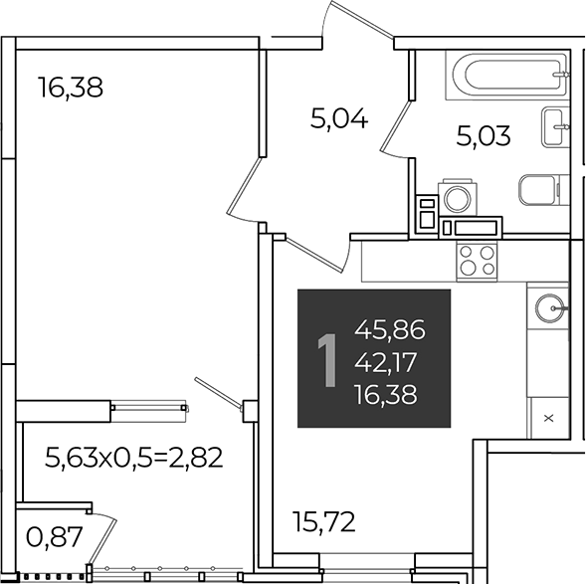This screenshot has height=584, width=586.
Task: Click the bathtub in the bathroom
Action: [507, 76]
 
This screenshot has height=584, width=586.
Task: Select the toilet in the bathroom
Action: [539, 190]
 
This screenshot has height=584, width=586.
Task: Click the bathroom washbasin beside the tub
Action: [554, 126]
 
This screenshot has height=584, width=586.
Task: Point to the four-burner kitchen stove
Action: [477, 261]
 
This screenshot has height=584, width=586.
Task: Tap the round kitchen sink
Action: [550, 307]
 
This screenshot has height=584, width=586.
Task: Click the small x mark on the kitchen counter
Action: [548, 418]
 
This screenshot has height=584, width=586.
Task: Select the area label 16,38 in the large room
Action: [71, 89]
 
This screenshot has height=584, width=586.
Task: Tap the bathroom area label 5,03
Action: [484, 136]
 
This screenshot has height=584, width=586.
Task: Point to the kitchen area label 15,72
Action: [324, 522]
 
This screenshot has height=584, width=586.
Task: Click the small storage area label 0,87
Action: [54, 537]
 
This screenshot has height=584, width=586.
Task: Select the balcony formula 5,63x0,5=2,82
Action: [133, 458]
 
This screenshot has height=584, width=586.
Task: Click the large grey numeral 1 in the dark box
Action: [327, 360]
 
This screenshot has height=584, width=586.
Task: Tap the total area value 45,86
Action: [390, 330]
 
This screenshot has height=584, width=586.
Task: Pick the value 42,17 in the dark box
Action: [386, 362]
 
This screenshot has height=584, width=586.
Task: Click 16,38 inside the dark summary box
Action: [386, 395]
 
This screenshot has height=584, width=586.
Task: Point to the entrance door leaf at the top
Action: [362, 19]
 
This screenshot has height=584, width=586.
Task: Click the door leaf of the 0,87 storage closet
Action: [101, 542]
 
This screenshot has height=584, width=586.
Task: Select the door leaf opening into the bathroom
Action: [396, 125]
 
